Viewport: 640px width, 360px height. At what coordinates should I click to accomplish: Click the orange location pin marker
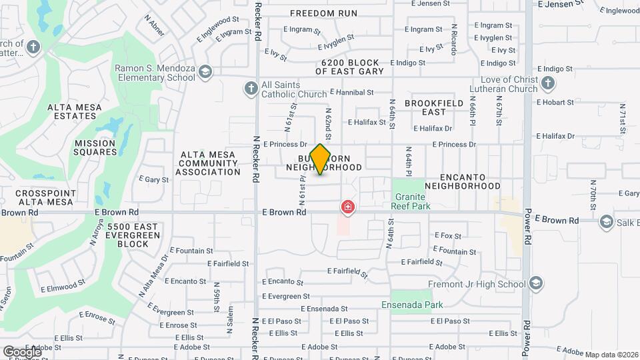(321, 159)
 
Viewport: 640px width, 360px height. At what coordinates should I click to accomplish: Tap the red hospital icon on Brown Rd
(347, 207)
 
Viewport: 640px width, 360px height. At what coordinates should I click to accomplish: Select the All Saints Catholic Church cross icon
(251, 88)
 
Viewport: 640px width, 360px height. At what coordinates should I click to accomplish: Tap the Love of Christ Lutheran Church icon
(547, 83)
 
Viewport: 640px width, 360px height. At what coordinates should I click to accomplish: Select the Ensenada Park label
(412, 305)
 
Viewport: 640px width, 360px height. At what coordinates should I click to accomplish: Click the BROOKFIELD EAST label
(434, 108)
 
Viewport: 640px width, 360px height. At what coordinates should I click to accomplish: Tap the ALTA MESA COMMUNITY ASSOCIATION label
(208, 163)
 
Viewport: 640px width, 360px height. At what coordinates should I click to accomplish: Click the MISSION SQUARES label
(95, 147)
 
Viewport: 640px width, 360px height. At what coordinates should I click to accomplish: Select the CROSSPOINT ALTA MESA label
(45, 197)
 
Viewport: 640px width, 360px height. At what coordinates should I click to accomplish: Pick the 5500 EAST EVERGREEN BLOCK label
(133, 235)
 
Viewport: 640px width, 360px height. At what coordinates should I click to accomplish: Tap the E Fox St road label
(448, 235)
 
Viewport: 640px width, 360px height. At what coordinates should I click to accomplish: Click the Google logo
(22, 351)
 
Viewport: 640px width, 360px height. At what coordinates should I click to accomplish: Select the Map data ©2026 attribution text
(611, 354)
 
